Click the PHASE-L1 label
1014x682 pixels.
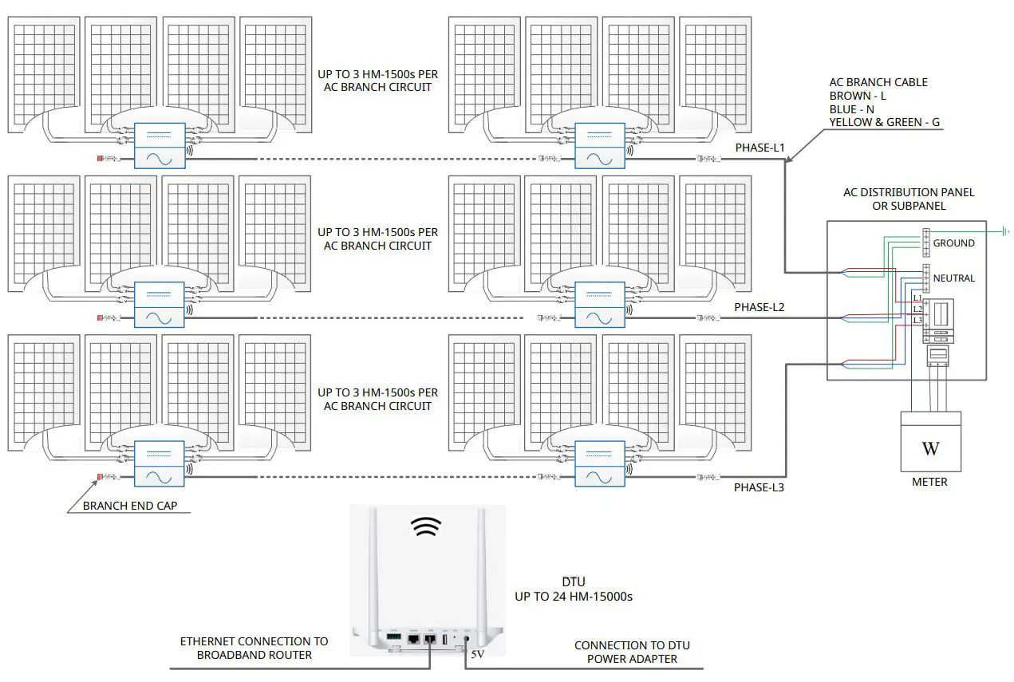click(x=760, y=148)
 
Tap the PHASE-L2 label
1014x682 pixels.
click(x=760, y=307)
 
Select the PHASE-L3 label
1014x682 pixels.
click(x=759, y=487)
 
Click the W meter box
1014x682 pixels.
click(x=930, y=441)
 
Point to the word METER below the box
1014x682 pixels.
click(x=929, y=482)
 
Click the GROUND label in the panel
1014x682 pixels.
click(x=953, y=243)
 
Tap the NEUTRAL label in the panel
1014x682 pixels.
click(x=953, y=278)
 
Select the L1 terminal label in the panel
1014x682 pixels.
click(x=917, y=298)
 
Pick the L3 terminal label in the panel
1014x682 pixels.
click(x=917, y=320)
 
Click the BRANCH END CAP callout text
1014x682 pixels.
click(x=130, y=506)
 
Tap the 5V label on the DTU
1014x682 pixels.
click(x=477, y=654)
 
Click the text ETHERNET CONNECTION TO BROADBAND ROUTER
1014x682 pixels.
click(x=254, y=648)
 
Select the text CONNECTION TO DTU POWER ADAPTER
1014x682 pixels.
click(x=632, y=652)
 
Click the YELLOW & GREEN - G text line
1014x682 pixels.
click(x=886, y=122)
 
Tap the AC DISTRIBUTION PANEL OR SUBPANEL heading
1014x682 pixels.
click(x=909, y=199)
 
